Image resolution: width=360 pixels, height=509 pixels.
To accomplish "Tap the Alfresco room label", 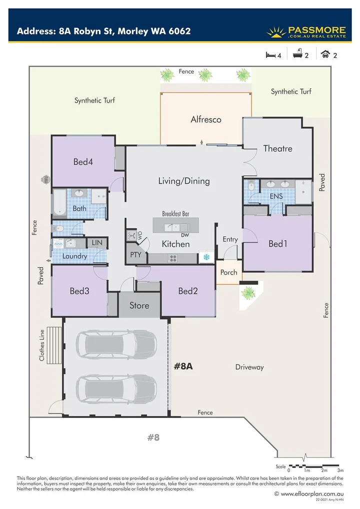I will click(x=205, y=119).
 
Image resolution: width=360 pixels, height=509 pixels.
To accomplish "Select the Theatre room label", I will click(x=277, y=148).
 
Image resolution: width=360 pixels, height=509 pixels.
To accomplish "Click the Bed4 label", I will click(x=83, y=161).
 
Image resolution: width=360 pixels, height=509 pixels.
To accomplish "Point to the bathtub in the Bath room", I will click(x=58, y=202).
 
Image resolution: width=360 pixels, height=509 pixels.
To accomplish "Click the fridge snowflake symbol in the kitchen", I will click(x=205, y=258).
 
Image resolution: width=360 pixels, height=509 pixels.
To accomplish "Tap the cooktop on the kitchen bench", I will click(x=173, y=258).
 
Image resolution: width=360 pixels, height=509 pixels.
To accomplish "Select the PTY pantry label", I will click(x=135, y=255).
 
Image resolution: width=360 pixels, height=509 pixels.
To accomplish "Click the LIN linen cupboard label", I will click(x=96, y=242).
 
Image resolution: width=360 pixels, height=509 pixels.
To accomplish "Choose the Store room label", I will click(x=139, y=305).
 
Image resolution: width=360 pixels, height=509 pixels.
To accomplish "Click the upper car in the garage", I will click(x=116, y=344).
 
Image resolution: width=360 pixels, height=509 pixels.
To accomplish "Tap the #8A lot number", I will click(x=183, y=366).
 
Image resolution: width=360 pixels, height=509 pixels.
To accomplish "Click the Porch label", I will click(x=229, y=272).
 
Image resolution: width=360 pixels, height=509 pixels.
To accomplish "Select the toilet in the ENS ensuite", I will click(x=251, y=186).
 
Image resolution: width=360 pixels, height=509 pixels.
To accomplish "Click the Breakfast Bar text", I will click(x=175, y=213).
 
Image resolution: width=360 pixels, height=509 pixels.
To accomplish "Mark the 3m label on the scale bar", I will click(x=340, y=470).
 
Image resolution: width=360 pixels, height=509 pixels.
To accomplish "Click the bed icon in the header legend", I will click(x=270, y=55).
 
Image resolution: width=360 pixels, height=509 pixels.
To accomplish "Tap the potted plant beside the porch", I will click(x=247, y=292).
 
